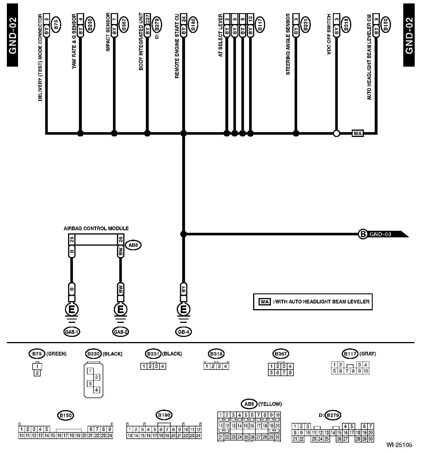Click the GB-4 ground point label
click(183, 332)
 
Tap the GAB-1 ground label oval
click(72, 332)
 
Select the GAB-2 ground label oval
click(120, 332)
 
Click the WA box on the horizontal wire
click(358, 133)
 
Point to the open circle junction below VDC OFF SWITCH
click(337, 133)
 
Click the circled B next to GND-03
click(363, 234)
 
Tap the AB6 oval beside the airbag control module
click(134, 245)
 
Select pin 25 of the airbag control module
click(72, 239)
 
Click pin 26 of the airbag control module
click(120, 239)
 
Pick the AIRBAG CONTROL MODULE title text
click(96, 229)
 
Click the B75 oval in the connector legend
click(37, 354)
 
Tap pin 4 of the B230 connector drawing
click(96, 390)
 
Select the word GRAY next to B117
click(368, 354)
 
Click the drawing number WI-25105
click(399, 445)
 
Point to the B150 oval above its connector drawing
click(65, 415)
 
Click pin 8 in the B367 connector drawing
click(290, 373)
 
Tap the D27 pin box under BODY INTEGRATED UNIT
click(148, 21)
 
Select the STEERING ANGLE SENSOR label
click(288, 44)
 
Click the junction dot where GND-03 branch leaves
click(183, 234)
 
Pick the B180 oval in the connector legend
click(164, 415)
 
